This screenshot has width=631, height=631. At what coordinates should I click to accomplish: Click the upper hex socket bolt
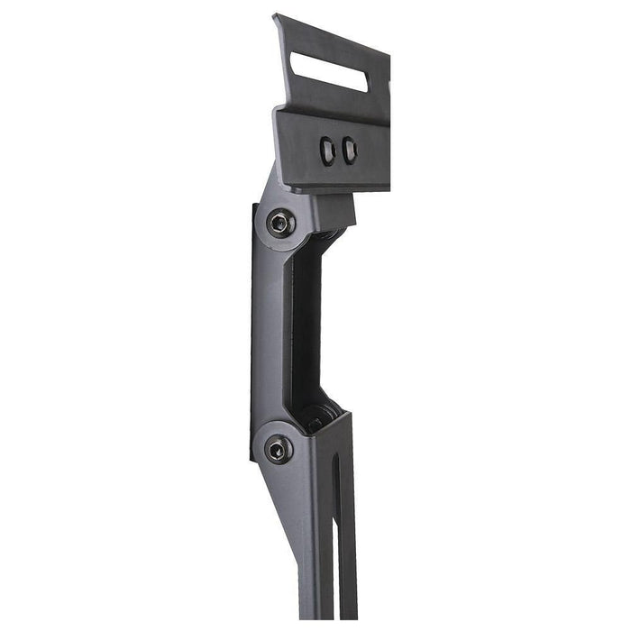tap(280, 223)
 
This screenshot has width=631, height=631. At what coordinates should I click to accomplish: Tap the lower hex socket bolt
tap(278, 448)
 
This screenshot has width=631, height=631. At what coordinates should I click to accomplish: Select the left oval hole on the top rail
tap(327, 151)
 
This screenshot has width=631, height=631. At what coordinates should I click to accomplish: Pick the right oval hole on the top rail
tap(349, 151)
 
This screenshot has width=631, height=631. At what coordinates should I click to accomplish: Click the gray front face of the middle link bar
tap(270, 334)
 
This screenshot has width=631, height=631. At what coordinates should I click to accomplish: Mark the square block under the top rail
tap(334, 210)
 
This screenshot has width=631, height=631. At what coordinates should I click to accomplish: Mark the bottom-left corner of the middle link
tap(252, 460)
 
